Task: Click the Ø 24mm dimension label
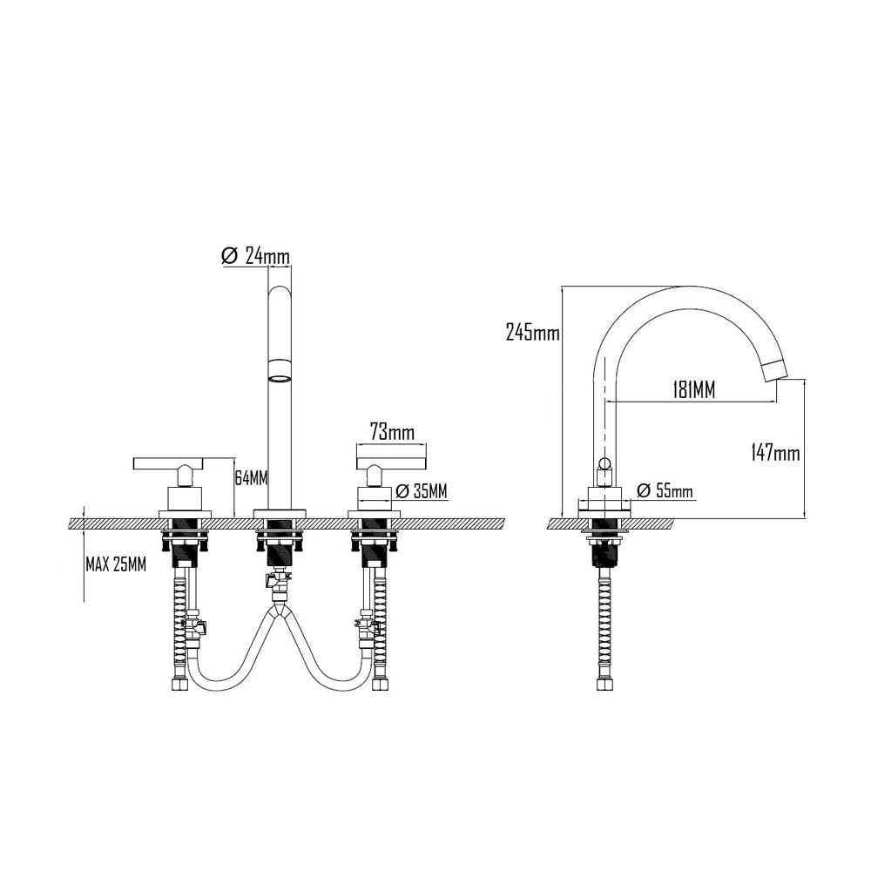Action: click(x=256, y=256)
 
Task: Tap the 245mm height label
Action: click(x=531, y=332)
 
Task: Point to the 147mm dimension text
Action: click(x=775, y=453)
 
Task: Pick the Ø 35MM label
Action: click(x=422, y=492)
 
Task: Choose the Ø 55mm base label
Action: click(x=665, y=491)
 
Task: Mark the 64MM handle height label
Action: click(x=252, y=478)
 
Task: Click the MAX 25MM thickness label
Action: click(x=116, y=564)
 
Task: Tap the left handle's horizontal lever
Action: click(x=182, y=462)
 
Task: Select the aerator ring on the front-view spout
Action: click(x=280, y=378)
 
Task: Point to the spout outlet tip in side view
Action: click(x=772, y=372)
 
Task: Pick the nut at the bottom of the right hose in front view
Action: click(x=379, y=683)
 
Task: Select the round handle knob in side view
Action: click(x=603, y=461)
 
